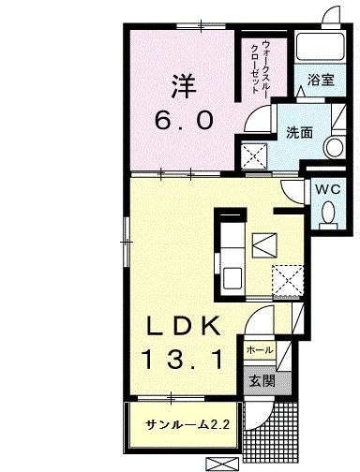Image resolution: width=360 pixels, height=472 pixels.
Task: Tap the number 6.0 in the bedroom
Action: point(185,120)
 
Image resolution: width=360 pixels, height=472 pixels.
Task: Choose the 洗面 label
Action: point(299,132)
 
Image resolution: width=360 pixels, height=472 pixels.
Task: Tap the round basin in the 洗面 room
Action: point(332,146)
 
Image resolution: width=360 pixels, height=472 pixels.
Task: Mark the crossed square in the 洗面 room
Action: point(253,155)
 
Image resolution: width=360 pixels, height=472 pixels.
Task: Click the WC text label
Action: point(326,187)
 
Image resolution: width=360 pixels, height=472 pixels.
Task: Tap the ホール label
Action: point(259,350)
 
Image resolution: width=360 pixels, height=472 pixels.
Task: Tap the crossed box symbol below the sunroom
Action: point(221,463)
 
